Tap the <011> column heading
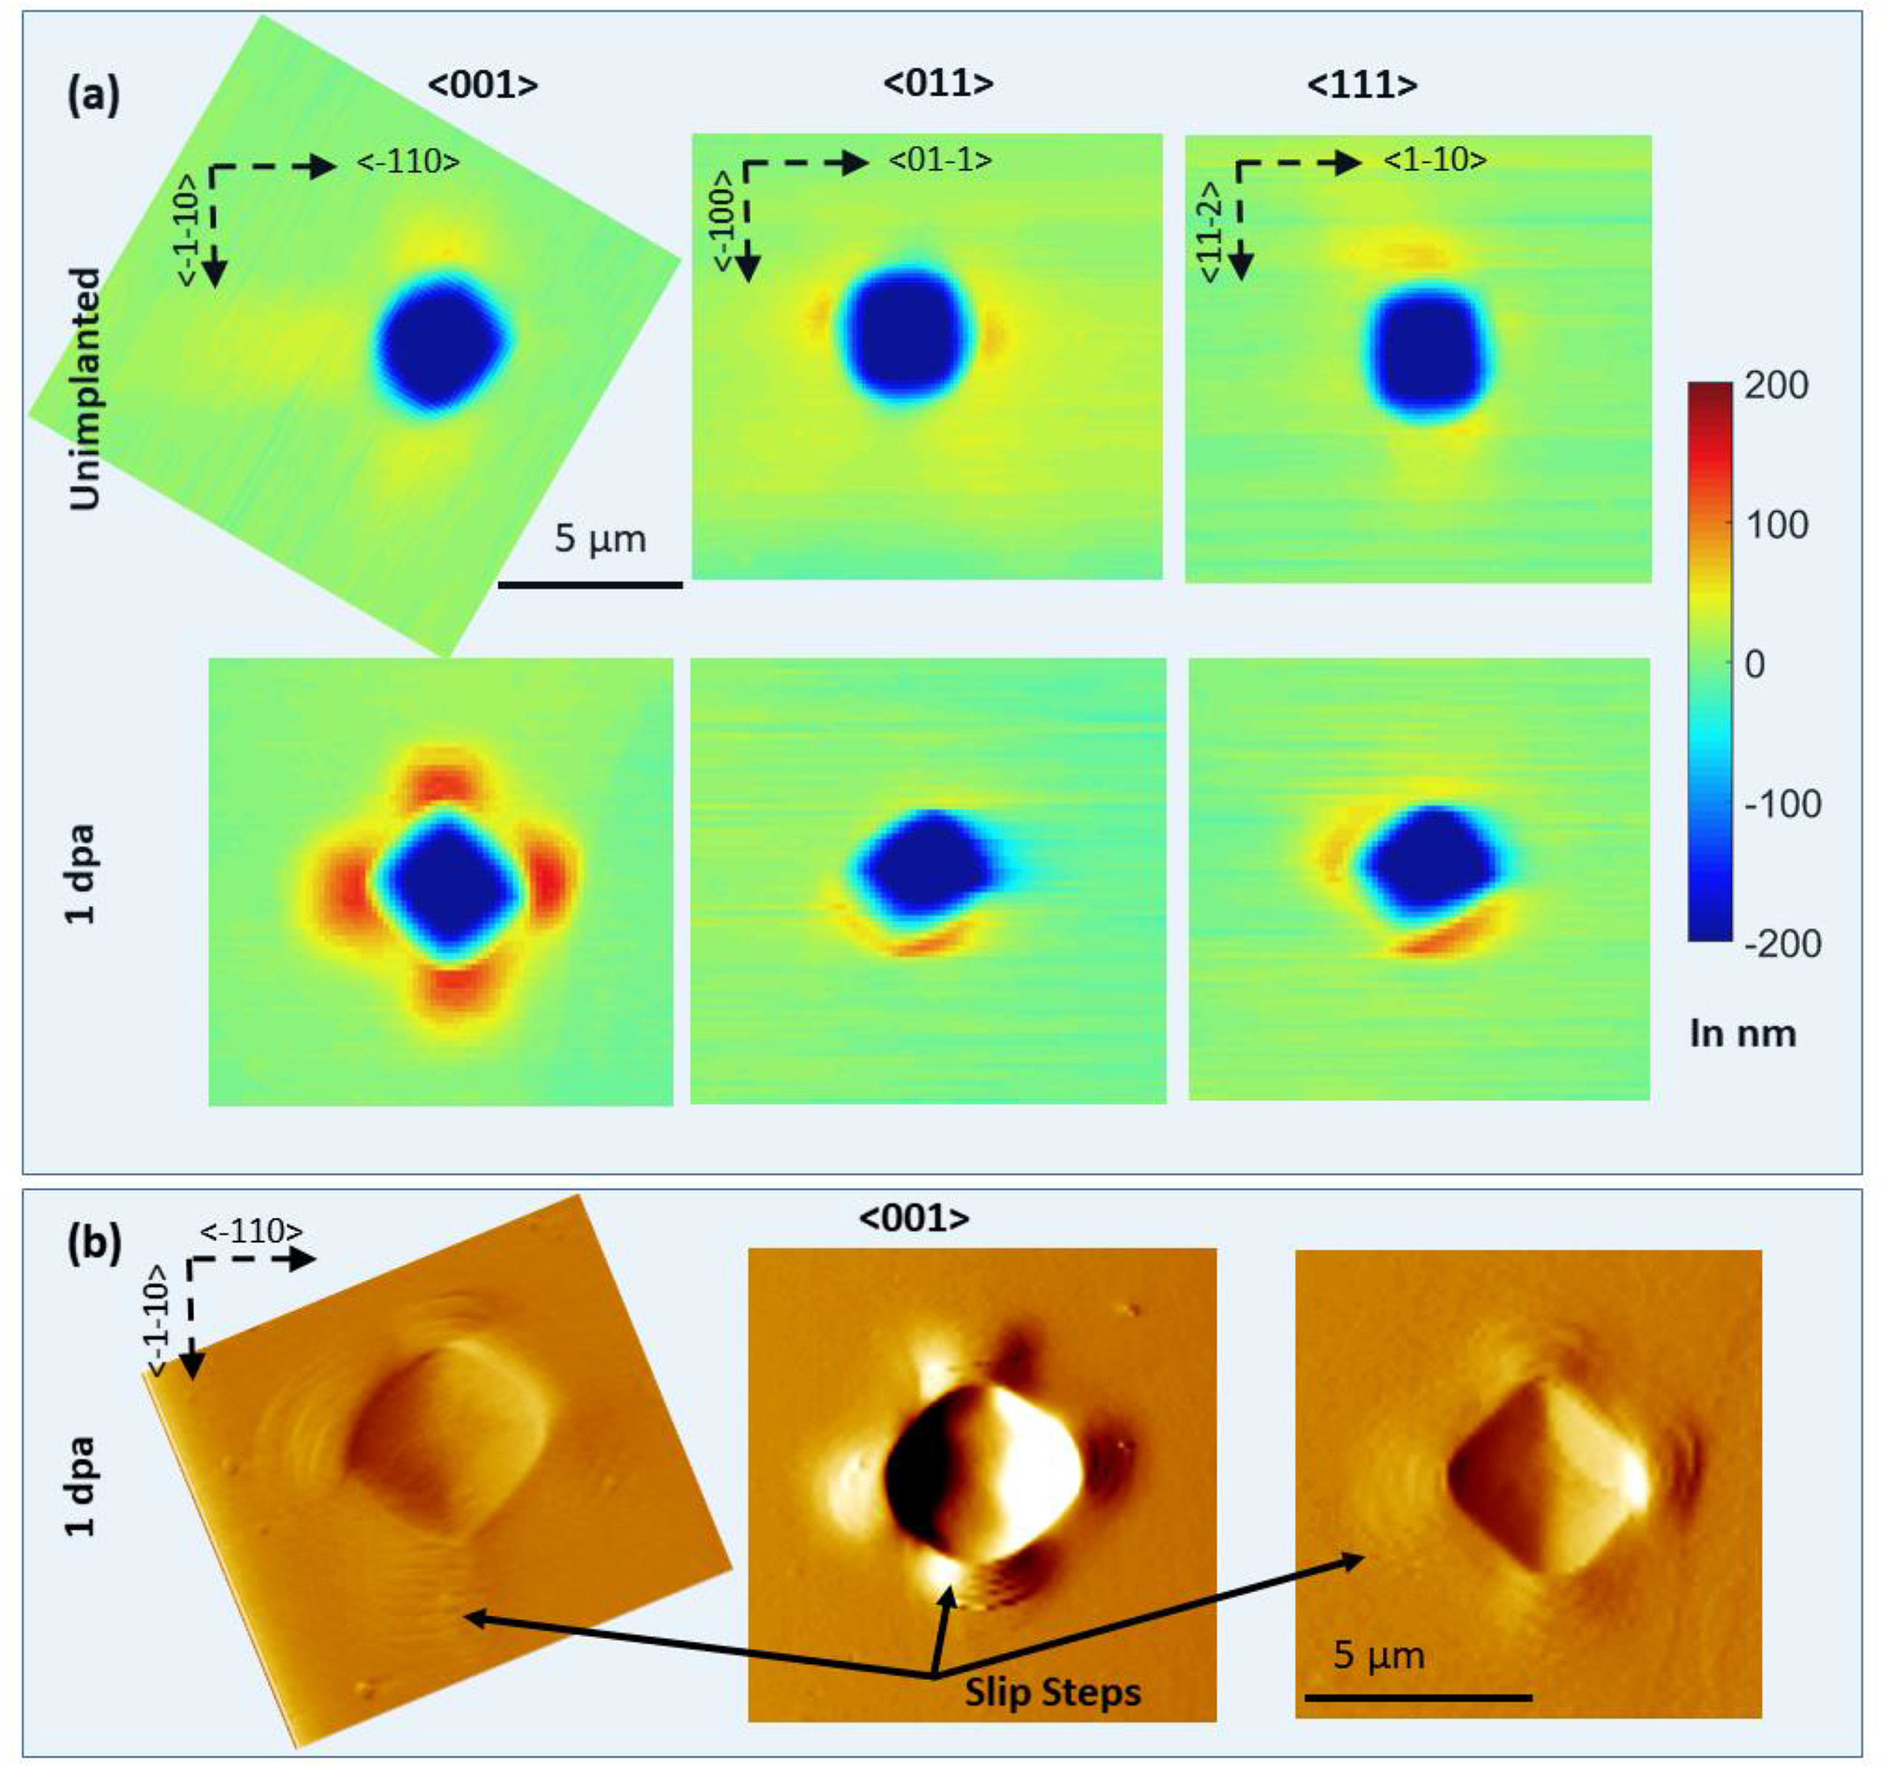(x=938, y=84)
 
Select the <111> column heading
(x=1362, y=86)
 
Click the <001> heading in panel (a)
(x=482, y=86)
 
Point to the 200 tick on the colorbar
(x=1776, y=385)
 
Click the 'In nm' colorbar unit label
(x=1742, y=1033)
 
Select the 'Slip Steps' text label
(x=1053, y=1692)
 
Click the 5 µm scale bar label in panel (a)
(x=599, y=539)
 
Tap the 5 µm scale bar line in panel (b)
(x=1418, y=1698)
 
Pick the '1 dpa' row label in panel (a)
(x=82, y=873)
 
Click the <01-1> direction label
(x=940, y=160)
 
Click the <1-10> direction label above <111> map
(x=1434, y=160)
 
